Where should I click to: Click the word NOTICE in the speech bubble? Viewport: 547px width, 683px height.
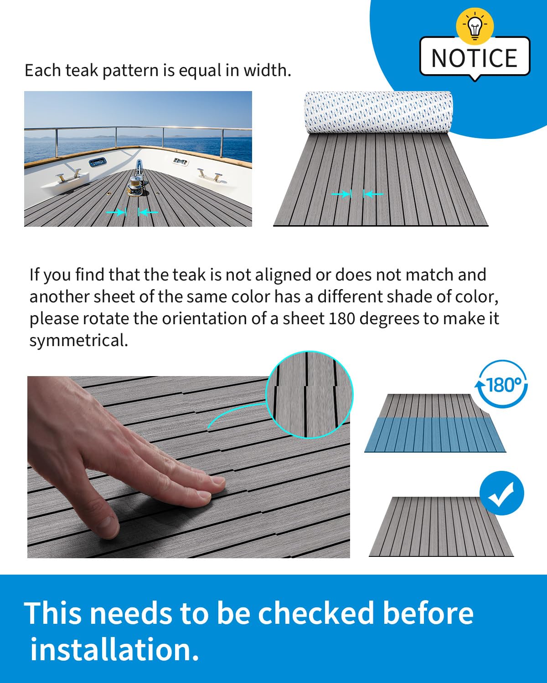point(474,58)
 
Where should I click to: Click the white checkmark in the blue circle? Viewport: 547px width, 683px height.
point(501,494)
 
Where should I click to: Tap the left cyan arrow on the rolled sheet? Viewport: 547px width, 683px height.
point(341,194)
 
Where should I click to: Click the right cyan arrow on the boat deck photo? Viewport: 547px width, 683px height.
point(148,212)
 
